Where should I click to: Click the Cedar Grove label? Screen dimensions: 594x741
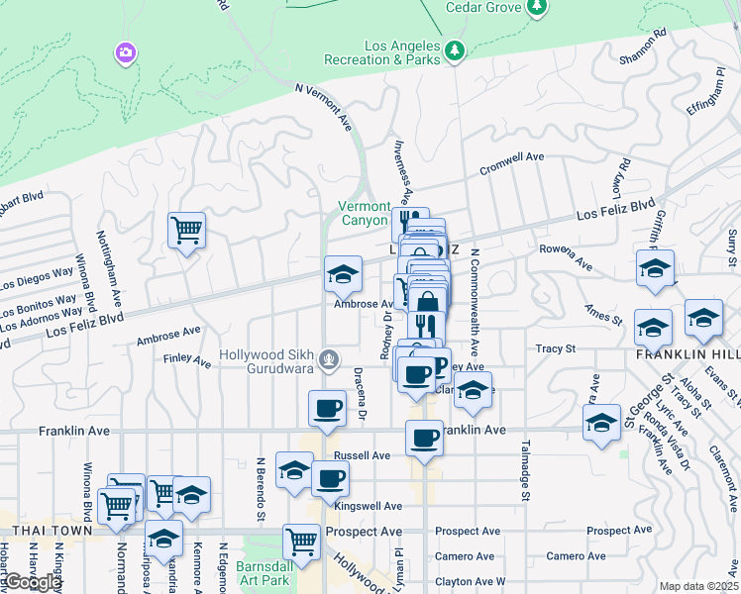[x=482, y=7]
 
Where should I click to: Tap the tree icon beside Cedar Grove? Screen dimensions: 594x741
[x=537, y=7]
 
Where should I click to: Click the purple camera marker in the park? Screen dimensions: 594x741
[x=126, y=51]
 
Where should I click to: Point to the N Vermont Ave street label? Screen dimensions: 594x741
[x=324, y=107]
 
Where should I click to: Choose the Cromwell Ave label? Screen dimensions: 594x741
[x=512, y=162]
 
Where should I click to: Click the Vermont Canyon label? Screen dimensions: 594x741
[x=364, y=213]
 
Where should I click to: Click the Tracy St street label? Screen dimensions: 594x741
[x=556, y=348]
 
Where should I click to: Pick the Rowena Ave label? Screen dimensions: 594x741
[x=565, y=258]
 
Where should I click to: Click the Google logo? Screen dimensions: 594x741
[x=34, y=582]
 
